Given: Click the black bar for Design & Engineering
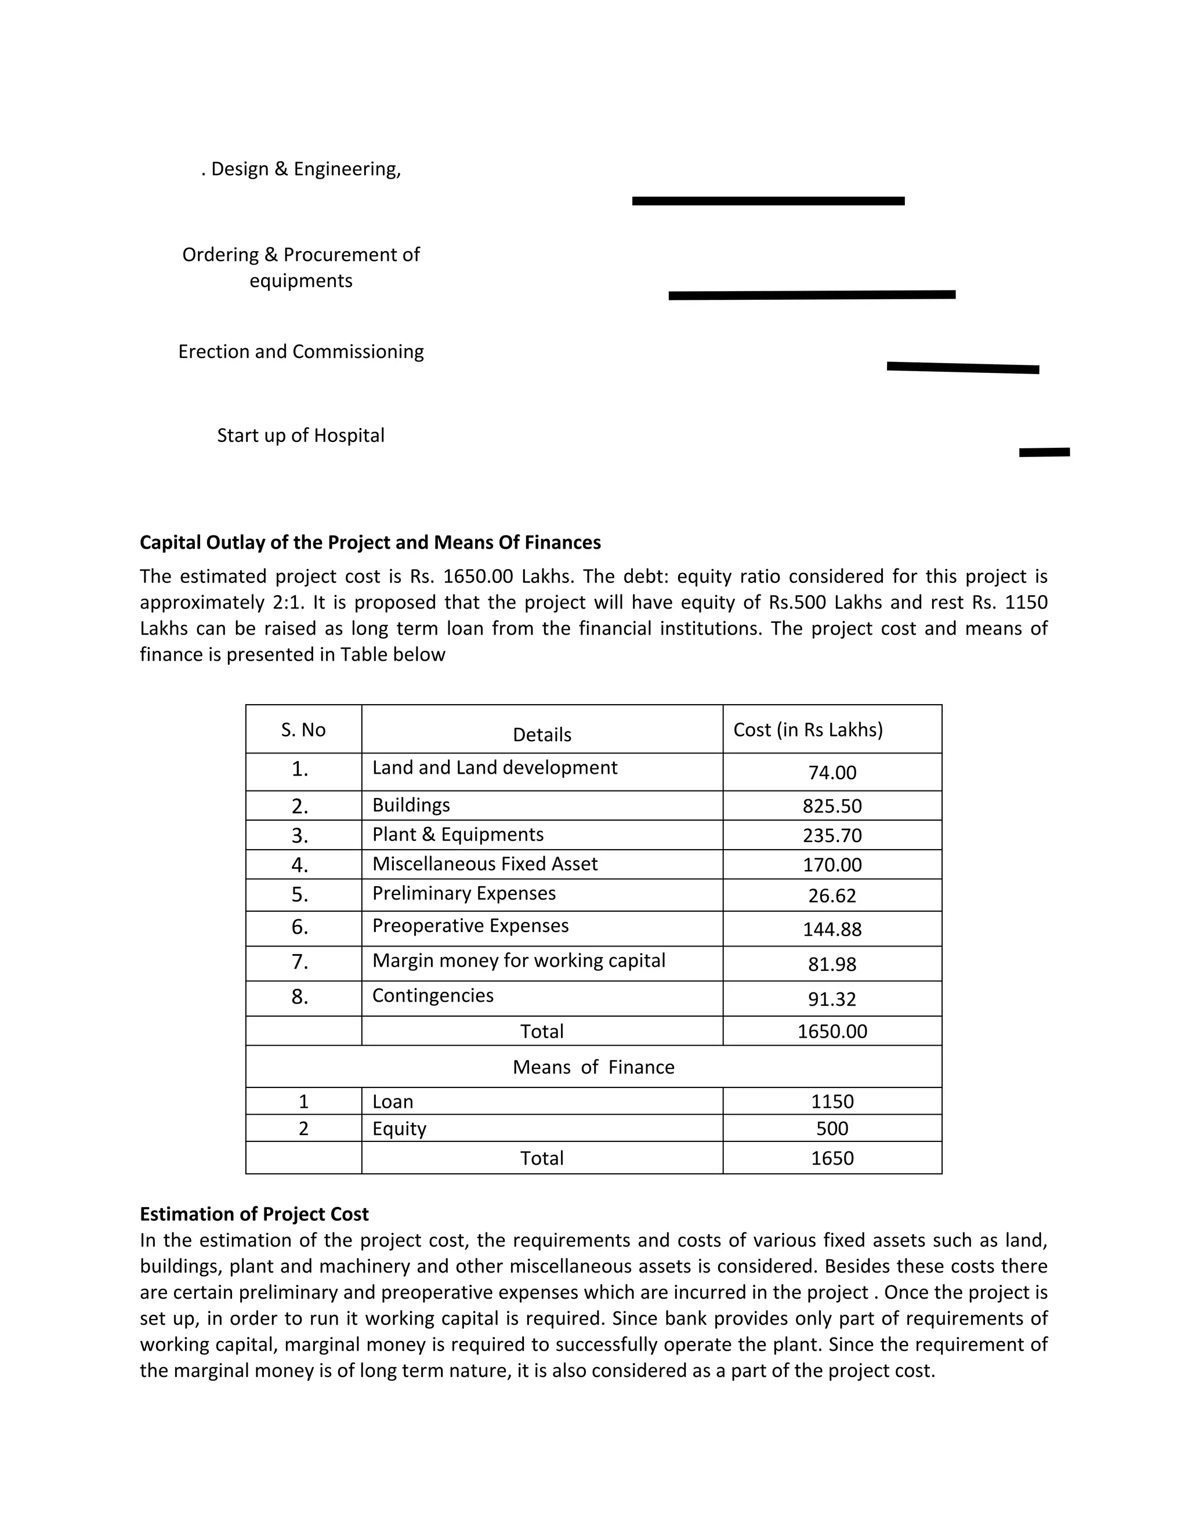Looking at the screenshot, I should tap(768, 201).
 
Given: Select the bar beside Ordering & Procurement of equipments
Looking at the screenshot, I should tap(812, 295).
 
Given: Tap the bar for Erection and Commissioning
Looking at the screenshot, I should tap(962, 367).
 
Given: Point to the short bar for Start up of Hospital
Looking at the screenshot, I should tap(1044, 452).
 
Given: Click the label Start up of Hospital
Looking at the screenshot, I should tap(300, 436).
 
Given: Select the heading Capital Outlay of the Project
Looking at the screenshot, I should tap(370, 543).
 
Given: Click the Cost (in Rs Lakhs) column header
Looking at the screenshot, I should tap(807, 730).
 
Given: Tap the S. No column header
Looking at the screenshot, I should tap(303, 730).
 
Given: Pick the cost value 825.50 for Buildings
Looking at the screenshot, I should tap(831, 806).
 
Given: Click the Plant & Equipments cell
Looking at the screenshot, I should tap(458, 835).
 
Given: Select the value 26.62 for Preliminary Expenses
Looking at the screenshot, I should tap(831, 896).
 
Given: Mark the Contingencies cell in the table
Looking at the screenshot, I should tap(432, 996).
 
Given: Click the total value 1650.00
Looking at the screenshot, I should tap(831, 1032).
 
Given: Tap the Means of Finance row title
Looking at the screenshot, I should tap(593, 1068).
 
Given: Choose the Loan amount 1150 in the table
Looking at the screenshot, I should tap(831, 1102).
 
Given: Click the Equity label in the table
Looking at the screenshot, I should tap(399, 1129).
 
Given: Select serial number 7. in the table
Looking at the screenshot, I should tap(300, 962).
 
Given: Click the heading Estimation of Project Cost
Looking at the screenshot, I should tap(253, 1215).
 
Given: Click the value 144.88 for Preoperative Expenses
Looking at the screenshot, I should tap(831, 930).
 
